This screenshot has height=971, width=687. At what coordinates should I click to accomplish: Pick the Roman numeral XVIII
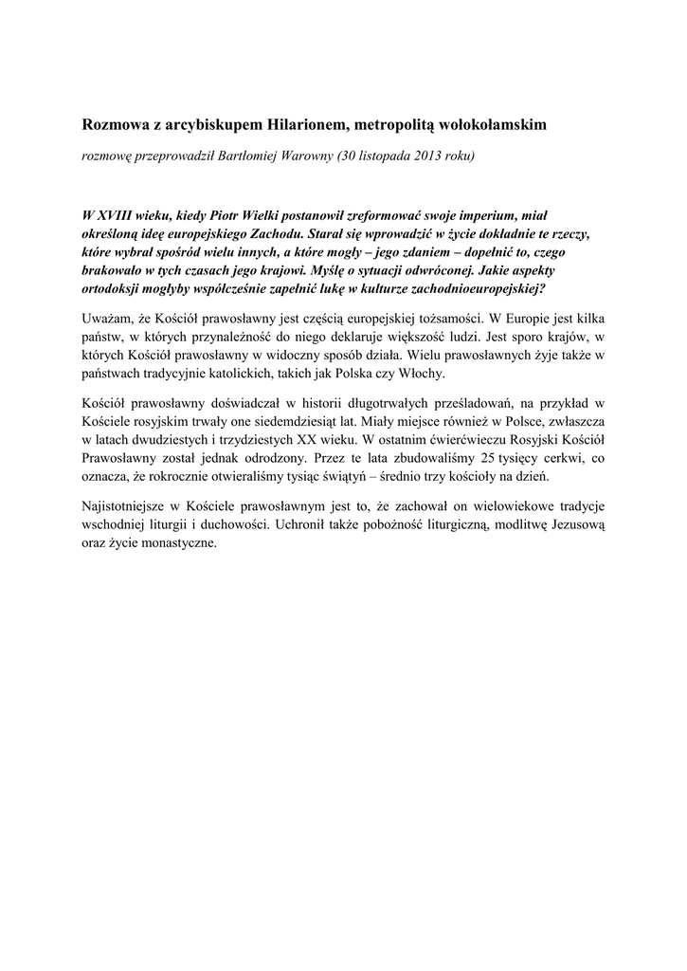pos(118,216)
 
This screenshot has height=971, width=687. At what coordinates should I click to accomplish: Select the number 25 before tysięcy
pos(489,459)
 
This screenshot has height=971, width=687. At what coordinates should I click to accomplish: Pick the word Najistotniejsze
pos(128,507)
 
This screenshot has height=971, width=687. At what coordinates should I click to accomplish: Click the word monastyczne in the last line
pos(174,543)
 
